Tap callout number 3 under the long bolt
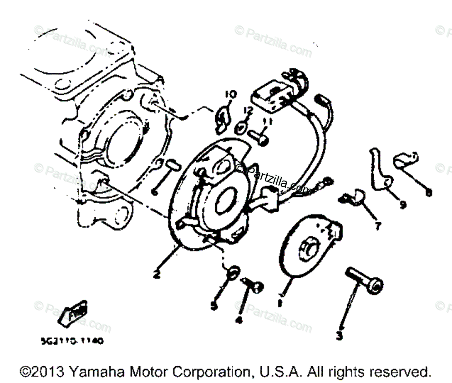click(339, 336)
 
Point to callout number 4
click(239, 320)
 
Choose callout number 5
click(214, 306)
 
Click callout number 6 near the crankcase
click(154, 192)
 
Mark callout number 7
click(377, 226)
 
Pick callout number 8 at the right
click(428, 192)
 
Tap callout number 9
click(402, 205)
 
